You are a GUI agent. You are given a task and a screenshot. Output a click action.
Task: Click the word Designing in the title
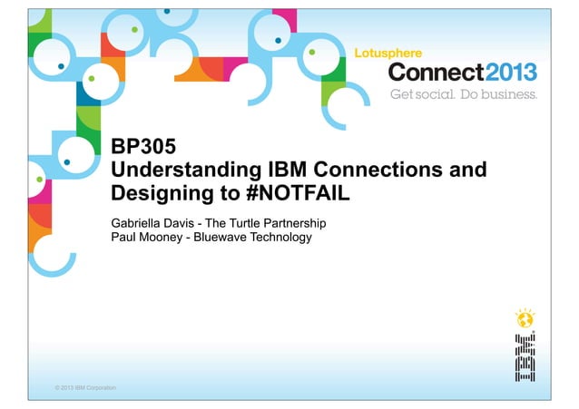tap(155, 193)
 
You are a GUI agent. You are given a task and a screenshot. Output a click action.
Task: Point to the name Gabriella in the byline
tap(136, 222)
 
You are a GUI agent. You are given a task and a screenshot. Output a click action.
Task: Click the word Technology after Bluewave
tap(280, 238)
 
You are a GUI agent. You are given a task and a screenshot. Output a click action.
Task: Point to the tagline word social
tap(433, 94)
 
